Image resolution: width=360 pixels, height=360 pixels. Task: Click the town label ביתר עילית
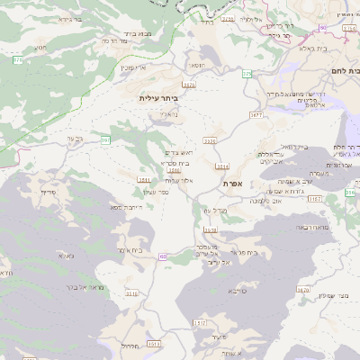coord(160,96)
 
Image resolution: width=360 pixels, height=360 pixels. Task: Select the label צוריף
coord(49,193)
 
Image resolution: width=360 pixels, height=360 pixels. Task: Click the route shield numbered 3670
coord(302,290)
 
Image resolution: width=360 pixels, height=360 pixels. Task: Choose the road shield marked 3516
coord(131,293)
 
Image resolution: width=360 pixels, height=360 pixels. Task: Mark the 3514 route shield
coord(222,166)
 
